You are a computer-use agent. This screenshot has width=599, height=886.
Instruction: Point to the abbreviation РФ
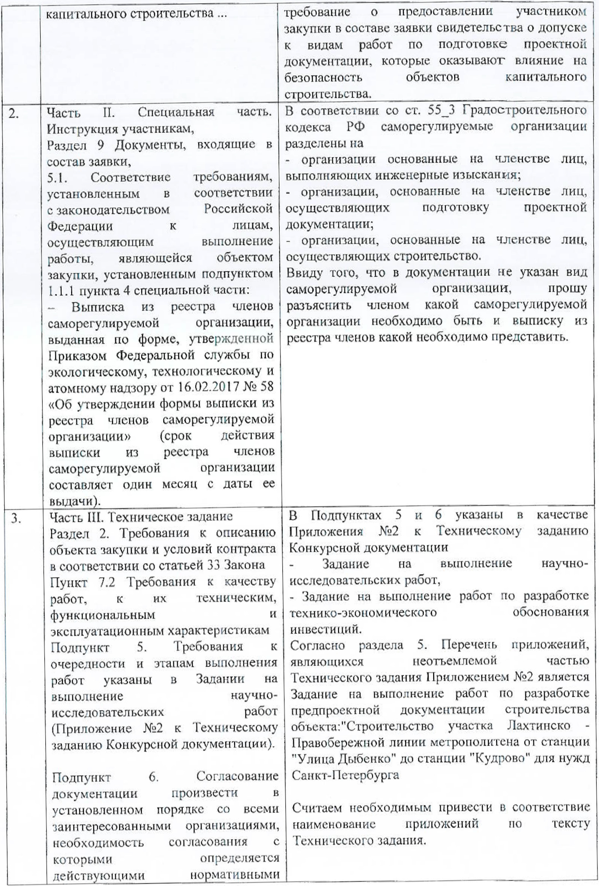(355, 127)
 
